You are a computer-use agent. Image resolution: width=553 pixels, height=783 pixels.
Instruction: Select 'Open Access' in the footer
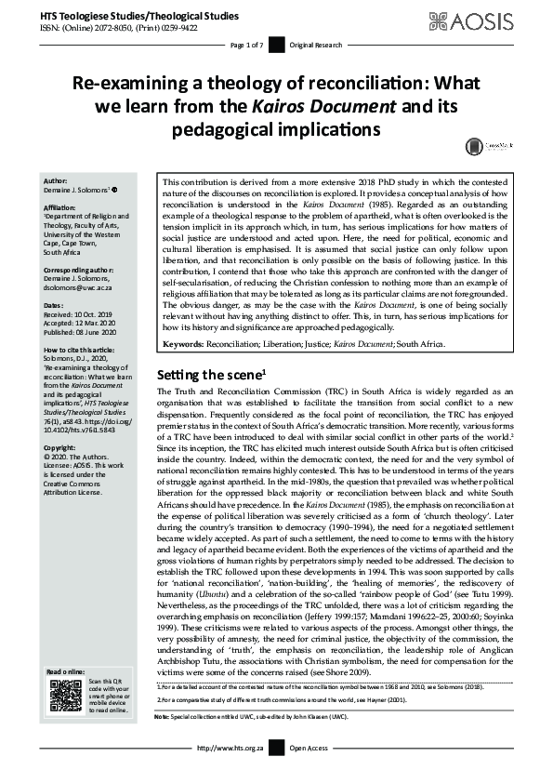pos(309,774)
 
